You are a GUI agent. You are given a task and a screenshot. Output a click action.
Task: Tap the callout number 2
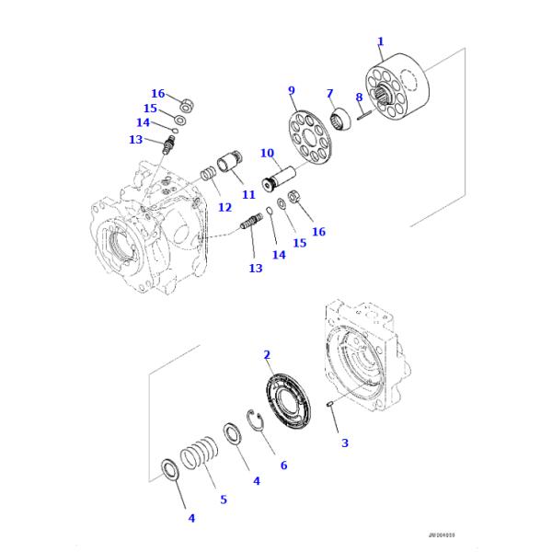click(x=267, y=354)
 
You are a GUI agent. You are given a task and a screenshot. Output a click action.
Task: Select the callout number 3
click(x=345, y=443)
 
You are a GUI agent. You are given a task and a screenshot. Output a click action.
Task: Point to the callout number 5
click(x=223, y=500)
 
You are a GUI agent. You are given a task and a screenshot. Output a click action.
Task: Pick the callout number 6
click(x=283, y=466)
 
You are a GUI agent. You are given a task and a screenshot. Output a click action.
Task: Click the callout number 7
click(x=328, y=93)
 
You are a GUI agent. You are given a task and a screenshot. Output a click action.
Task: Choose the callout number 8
click(x=360, y=98)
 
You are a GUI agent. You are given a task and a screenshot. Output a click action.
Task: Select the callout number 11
click(x=248, y=195)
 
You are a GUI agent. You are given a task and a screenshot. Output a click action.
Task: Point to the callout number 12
click(x=224, y=207)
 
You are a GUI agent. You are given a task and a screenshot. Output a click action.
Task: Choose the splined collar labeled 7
click(x=339, y=117)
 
